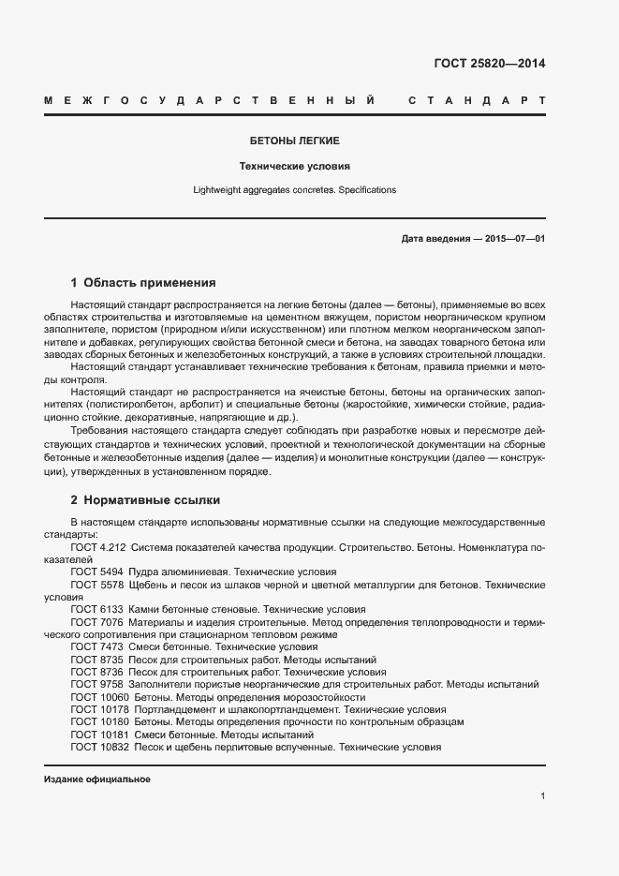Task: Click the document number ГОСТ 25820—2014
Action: [x=489, y=65]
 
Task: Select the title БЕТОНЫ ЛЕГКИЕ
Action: [x=294, y=141]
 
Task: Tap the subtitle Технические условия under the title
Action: [x=294, y=166]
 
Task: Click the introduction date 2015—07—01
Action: [x=514, y=239]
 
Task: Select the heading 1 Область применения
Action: [x=143, y=282]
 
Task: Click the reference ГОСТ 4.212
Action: [x=98, y=546]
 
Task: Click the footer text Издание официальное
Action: [x=97, y=779]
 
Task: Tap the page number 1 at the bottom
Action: [x=542, y=796]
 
